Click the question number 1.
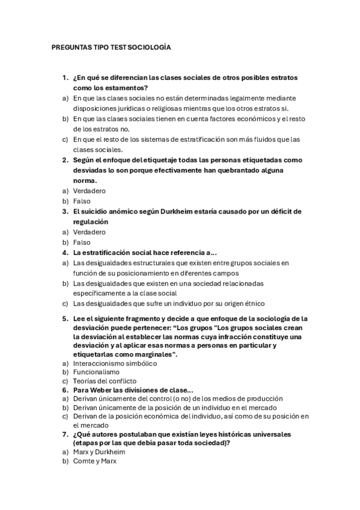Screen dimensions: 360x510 pos(65,78)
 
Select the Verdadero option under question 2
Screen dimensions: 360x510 pos(89,191)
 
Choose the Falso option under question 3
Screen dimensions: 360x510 pos(82,242)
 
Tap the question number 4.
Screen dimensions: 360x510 pos(65,253)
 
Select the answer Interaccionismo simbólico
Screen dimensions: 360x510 pos(115,364)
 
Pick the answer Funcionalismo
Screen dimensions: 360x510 pos(96,372)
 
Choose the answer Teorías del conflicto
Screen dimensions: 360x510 pos(105,381)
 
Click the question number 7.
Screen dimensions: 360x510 pos(65,434)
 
